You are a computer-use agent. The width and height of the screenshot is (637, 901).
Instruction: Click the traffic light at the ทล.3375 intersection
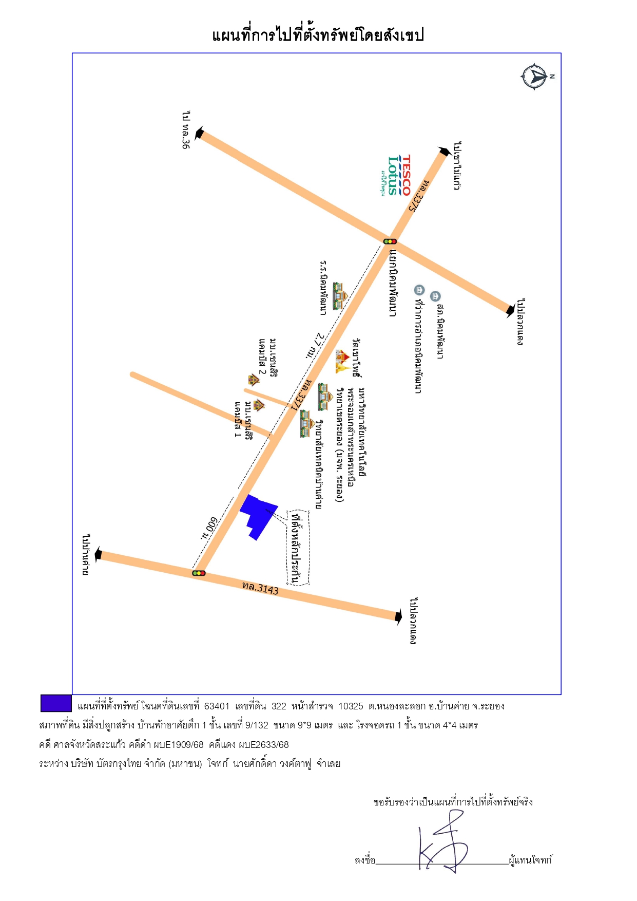390,241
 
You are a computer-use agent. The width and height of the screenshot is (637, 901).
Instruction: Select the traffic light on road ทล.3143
199,573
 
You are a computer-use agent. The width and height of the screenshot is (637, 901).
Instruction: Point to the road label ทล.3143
261,588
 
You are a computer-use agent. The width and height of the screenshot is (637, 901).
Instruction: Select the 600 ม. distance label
209,528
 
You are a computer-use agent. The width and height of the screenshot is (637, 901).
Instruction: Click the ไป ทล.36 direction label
186,129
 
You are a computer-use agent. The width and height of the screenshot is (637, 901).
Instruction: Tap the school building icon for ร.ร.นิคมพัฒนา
339,296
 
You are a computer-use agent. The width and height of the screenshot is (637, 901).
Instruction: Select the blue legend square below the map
56,703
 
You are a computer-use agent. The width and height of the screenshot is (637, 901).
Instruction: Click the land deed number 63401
217,706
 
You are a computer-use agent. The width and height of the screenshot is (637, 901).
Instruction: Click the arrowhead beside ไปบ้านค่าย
98,555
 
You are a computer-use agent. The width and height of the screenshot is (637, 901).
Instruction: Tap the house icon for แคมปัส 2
254,380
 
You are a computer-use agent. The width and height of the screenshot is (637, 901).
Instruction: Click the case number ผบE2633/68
263,745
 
